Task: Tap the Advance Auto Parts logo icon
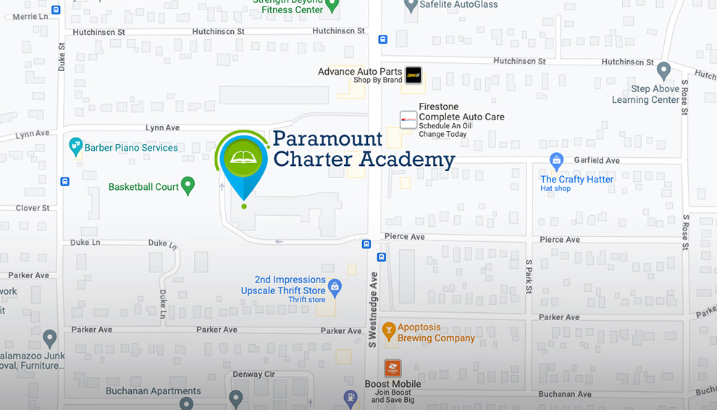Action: [x=413, y=75]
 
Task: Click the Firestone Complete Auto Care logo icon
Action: [x=408, y=120]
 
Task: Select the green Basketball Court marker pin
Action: [x=188, y=185]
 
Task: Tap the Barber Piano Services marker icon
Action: [x=75, y=146]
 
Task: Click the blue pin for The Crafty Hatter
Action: [x=556, y=160]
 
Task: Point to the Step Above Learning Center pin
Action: [x=663, y=70]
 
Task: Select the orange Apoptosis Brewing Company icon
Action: [x=389, y=331]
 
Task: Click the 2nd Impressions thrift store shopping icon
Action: [x=334, y=288]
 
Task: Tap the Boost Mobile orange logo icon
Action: [x=393, y=368]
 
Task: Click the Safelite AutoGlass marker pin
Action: [x=411, y=6]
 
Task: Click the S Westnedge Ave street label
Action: [x=373, y=309]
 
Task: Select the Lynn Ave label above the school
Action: [x=162, y=127]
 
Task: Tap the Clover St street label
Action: [x=33, y=208]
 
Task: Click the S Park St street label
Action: [x=529, y=277]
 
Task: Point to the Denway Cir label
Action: [x=253, y=375]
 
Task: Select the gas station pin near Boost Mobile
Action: [x=351, y=397]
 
